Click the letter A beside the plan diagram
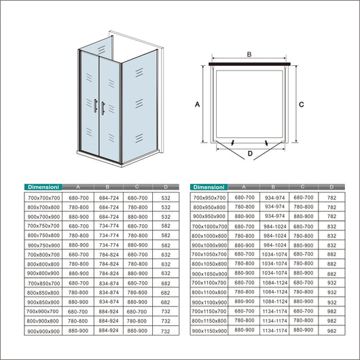tap(197, 105)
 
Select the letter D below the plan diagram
tap(249, 154)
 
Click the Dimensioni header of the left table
tap(42, 186)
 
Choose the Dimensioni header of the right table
tap(209, 186)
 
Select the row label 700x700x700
tap(43, 197)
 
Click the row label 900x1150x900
tap(210, 331)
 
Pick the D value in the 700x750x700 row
tap(166, 226)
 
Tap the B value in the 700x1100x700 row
tap(274, 283)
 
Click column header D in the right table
tap(331, 186)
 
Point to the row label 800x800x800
tap(43, 264)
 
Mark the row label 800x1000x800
tap(210, 235)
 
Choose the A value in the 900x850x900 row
tap(79, 302)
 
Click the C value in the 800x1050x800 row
tap(303, 264)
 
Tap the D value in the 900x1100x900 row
tap(331, 302)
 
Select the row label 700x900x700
tap(43, 311)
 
